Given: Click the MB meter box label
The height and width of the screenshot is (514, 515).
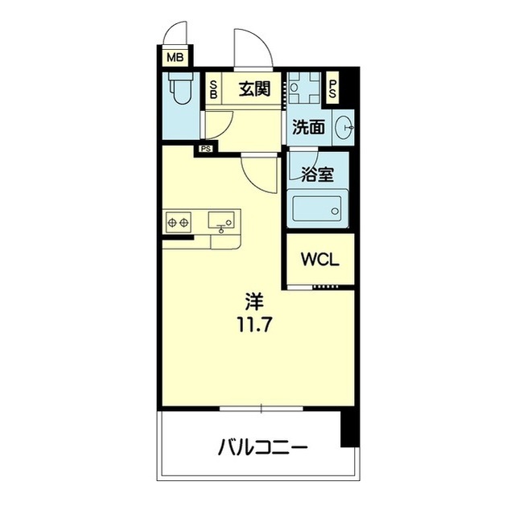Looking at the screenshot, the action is click(175, 58).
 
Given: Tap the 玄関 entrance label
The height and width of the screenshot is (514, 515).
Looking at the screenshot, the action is click(254, 89).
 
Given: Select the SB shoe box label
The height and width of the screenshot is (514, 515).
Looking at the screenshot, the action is click(213, 89).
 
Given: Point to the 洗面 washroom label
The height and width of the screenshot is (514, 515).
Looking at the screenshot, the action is click(308, 127).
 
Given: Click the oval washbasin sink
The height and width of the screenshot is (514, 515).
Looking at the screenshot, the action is click(344, 127).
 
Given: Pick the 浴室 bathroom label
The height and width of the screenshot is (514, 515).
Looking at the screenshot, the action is click(317, 175).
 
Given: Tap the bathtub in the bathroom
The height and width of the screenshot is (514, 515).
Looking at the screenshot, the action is click(317, 209).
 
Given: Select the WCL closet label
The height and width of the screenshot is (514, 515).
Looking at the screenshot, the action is click(320, 260).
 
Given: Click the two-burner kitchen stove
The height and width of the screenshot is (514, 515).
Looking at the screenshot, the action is click(179, 223).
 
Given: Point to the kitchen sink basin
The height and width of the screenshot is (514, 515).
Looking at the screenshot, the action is click(221, 220).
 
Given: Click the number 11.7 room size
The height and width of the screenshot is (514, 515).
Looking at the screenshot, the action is click(254, 325).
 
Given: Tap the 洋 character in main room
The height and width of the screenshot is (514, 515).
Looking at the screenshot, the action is click(254, 302).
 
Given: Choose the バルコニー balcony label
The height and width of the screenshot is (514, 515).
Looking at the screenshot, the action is click(263, 446).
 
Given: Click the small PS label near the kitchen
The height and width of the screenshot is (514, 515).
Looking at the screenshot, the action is click(206, 150).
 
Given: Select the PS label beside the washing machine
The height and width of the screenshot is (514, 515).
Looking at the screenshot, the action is click(332, 89).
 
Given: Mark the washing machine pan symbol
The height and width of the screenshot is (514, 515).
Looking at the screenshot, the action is click(304, 88).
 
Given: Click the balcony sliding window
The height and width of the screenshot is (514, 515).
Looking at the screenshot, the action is click(261, 409).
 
